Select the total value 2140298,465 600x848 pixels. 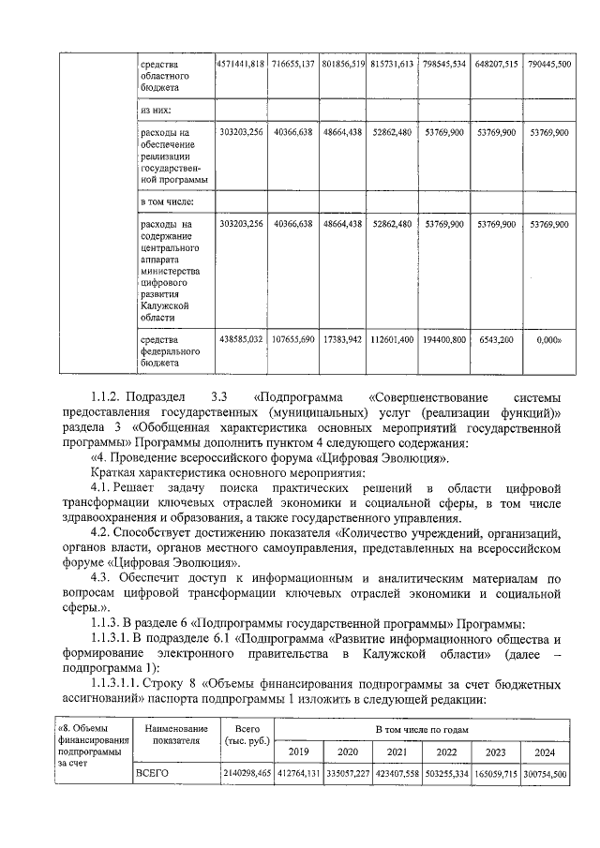coord(247,773)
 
